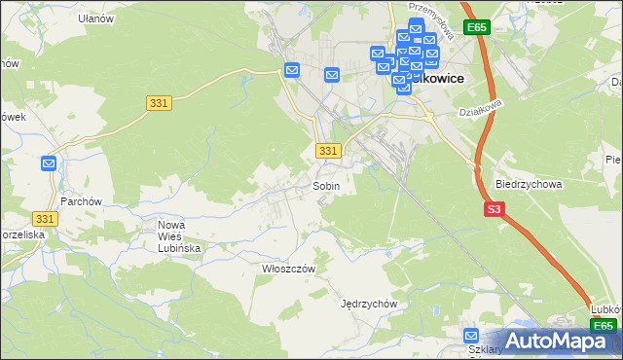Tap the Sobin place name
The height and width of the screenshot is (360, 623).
point(326,185)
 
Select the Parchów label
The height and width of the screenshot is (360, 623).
point(82,201)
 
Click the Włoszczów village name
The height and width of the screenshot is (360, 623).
point(278,268)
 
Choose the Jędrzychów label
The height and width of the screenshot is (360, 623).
point(370,303)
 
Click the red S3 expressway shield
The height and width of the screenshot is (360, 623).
point(495,208)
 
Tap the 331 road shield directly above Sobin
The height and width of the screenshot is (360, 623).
point(329,151)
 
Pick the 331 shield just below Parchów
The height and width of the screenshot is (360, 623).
point(45,220)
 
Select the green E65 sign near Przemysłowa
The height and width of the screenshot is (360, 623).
point(476,28)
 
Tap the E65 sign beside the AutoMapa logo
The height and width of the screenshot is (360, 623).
point(604,326)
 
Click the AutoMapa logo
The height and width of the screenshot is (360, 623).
point(559,341)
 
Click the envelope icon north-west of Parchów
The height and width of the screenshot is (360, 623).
point(50,163)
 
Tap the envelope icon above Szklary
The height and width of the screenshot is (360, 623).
point(471,336)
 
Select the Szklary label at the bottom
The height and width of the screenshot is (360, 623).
point(486,350)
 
